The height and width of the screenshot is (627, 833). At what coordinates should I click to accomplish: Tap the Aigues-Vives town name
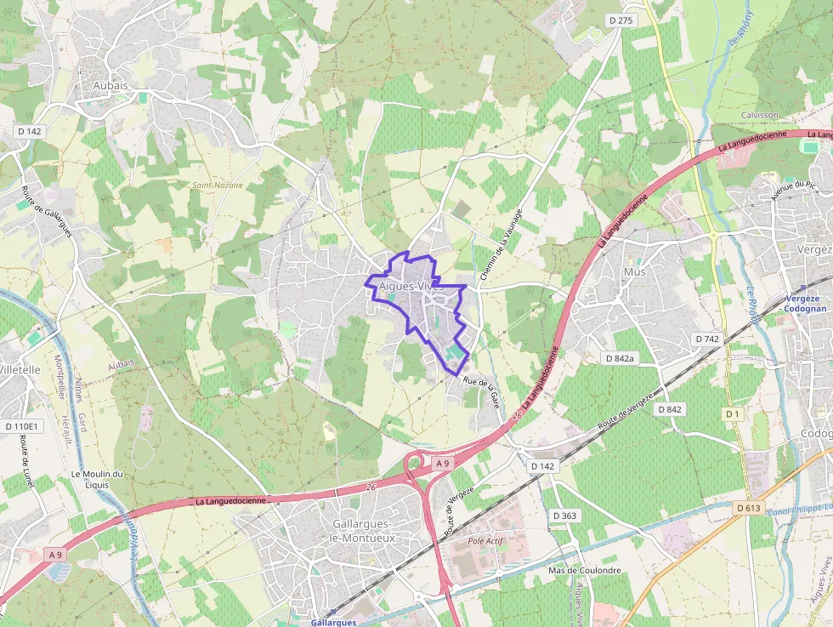coord(412,286)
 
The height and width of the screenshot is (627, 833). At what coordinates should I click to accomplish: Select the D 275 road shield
coord(622,20)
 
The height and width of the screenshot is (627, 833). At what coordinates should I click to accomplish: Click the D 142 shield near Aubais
coord(29,131)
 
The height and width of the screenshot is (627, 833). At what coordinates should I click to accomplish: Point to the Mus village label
coord(634,271)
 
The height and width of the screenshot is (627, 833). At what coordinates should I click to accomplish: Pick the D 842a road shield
coord(619,358)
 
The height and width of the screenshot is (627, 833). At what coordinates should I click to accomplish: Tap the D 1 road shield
coord(732,413)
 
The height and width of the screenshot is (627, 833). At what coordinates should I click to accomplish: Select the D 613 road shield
coord(749,508)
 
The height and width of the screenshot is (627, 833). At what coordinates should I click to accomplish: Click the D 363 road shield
coord(564,516)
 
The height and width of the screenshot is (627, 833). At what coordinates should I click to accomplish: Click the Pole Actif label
coord(487,540)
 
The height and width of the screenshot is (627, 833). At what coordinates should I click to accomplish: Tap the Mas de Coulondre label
coord(585,570)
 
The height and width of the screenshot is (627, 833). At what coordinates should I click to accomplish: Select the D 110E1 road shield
coord(21,425)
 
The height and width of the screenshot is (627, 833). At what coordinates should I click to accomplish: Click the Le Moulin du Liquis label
coord(97,479)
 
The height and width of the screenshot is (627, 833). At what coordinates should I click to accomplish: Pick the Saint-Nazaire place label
coord(218,185)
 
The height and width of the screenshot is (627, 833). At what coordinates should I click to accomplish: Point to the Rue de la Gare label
coord(481,392)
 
